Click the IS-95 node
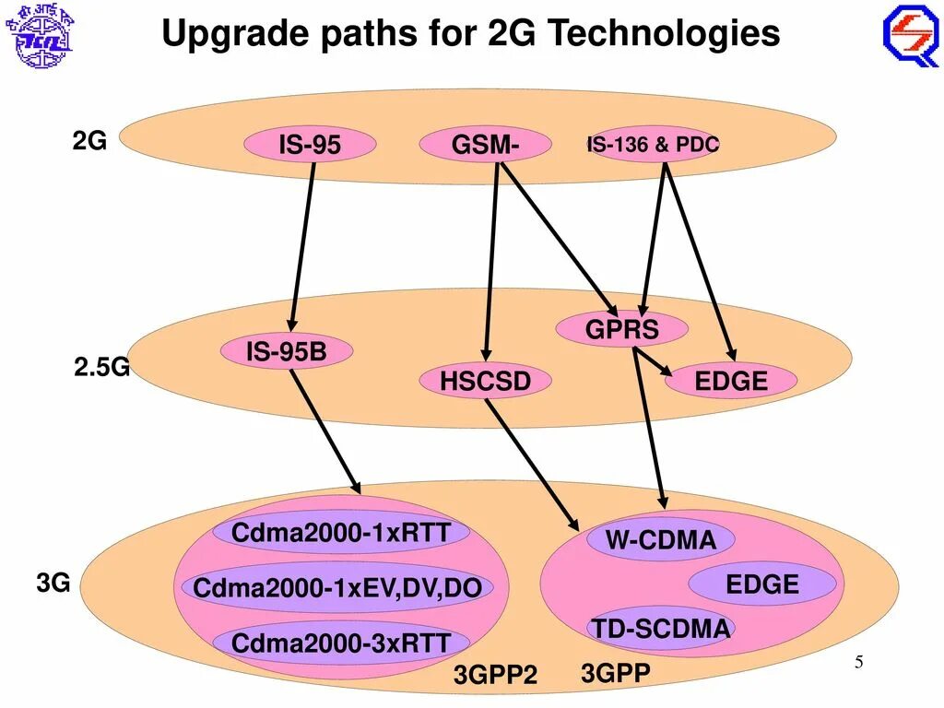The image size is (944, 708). pyautogui.click(x=310, y=145)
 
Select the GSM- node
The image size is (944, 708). pyautogui.click(x=485, y=145)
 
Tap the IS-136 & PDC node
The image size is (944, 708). pyautogui.click(x=653, y=145)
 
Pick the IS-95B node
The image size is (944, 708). pyautogui.click(x=286, y=351)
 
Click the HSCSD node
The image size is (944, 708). pyautogui.click(x=485, y=381)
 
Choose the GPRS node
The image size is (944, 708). pyautogui.click(x=622, y=329)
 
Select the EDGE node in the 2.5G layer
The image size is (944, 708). pyautogui.click(x=730, y=381)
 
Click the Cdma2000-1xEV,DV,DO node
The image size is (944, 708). pyautogui.click(x=337, y=587)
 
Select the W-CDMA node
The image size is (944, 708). pyautogui.click(x=660, y=540)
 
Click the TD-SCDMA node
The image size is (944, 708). pyautogui.click(x=660, y=629)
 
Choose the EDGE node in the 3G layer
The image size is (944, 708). pyautogui.click(x=761, y=584)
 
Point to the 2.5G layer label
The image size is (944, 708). pyautogui.click(x=101, y=368)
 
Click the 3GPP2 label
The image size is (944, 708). pyautogui.click(x=495, y=676)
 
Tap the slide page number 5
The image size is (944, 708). pyautogui.click(x=858, y=663)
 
